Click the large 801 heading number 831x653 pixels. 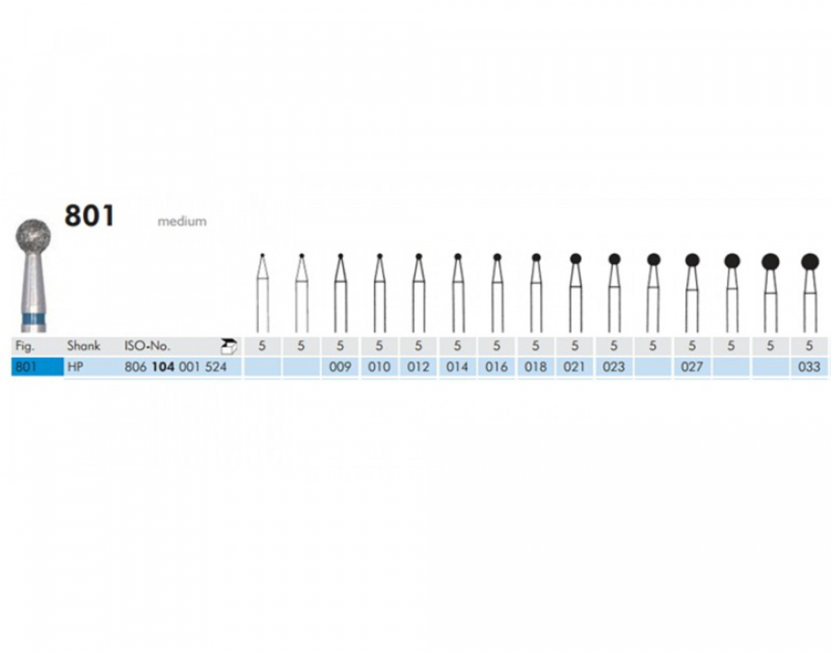[x=89, y=216]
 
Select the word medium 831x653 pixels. [x=182, y=221]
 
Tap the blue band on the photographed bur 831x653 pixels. [x=34, y=318]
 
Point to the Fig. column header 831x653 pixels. [x=25, y=347]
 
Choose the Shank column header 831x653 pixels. [x=83, y=346]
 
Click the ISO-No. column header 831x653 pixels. [x=147, y=346]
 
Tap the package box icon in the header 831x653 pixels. [x=229, y=346]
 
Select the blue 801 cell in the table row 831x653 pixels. [x=37, y=367]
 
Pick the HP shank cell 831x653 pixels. [x=75, y=367]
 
